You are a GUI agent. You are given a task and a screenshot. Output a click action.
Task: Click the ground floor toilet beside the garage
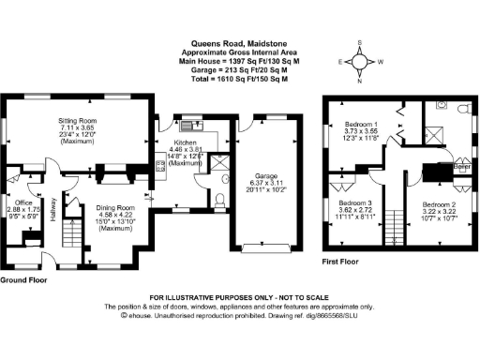click(x=218, y=198)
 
